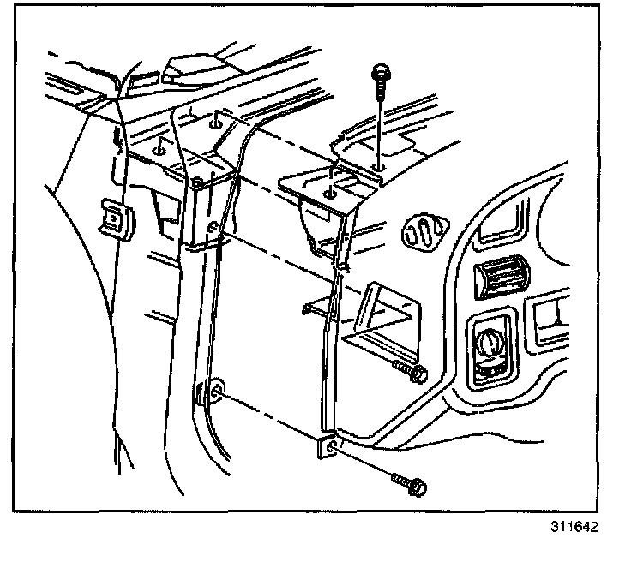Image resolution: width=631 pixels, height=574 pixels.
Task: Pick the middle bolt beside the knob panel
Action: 412,372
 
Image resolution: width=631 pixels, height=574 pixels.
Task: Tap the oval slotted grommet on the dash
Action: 422,230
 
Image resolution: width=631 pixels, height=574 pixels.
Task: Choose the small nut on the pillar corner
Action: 199,182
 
